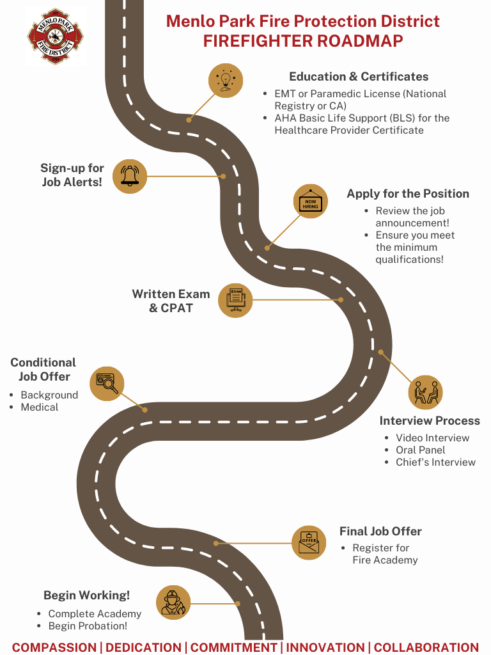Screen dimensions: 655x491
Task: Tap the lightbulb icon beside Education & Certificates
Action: click(226, 81)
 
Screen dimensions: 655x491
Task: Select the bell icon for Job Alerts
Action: click(130, 176)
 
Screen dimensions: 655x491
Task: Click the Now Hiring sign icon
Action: click(310, 201)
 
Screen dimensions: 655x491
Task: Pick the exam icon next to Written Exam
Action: click(235, 299)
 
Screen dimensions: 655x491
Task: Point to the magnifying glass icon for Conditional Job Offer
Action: click(107, 383)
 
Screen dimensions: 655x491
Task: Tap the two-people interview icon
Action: click(425, 393)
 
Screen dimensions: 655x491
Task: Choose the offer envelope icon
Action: click(309, 542)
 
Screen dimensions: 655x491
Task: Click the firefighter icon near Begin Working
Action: click(173, 603)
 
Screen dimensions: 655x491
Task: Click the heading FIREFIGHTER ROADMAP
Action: click(303, 41)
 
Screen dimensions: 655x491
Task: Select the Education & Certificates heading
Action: click(359, 77)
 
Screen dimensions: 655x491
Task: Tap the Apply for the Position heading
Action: click(408, 194)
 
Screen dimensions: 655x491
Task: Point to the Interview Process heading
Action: click(430, 421)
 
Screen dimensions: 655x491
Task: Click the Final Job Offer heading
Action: click(380, 532)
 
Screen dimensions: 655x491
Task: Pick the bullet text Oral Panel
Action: click(421, 450)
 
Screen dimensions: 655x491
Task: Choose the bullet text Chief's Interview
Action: click(435, 462)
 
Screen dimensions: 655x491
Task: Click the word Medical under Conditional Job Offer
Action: click(40, 407)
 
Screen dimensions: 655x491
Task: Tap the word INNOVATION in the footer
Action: click(327, 647)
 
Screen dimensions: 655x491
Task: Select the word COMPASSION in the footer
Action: click(54, 647)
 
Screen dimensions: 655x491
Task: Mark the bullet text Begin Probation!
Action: click(88, 626)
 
